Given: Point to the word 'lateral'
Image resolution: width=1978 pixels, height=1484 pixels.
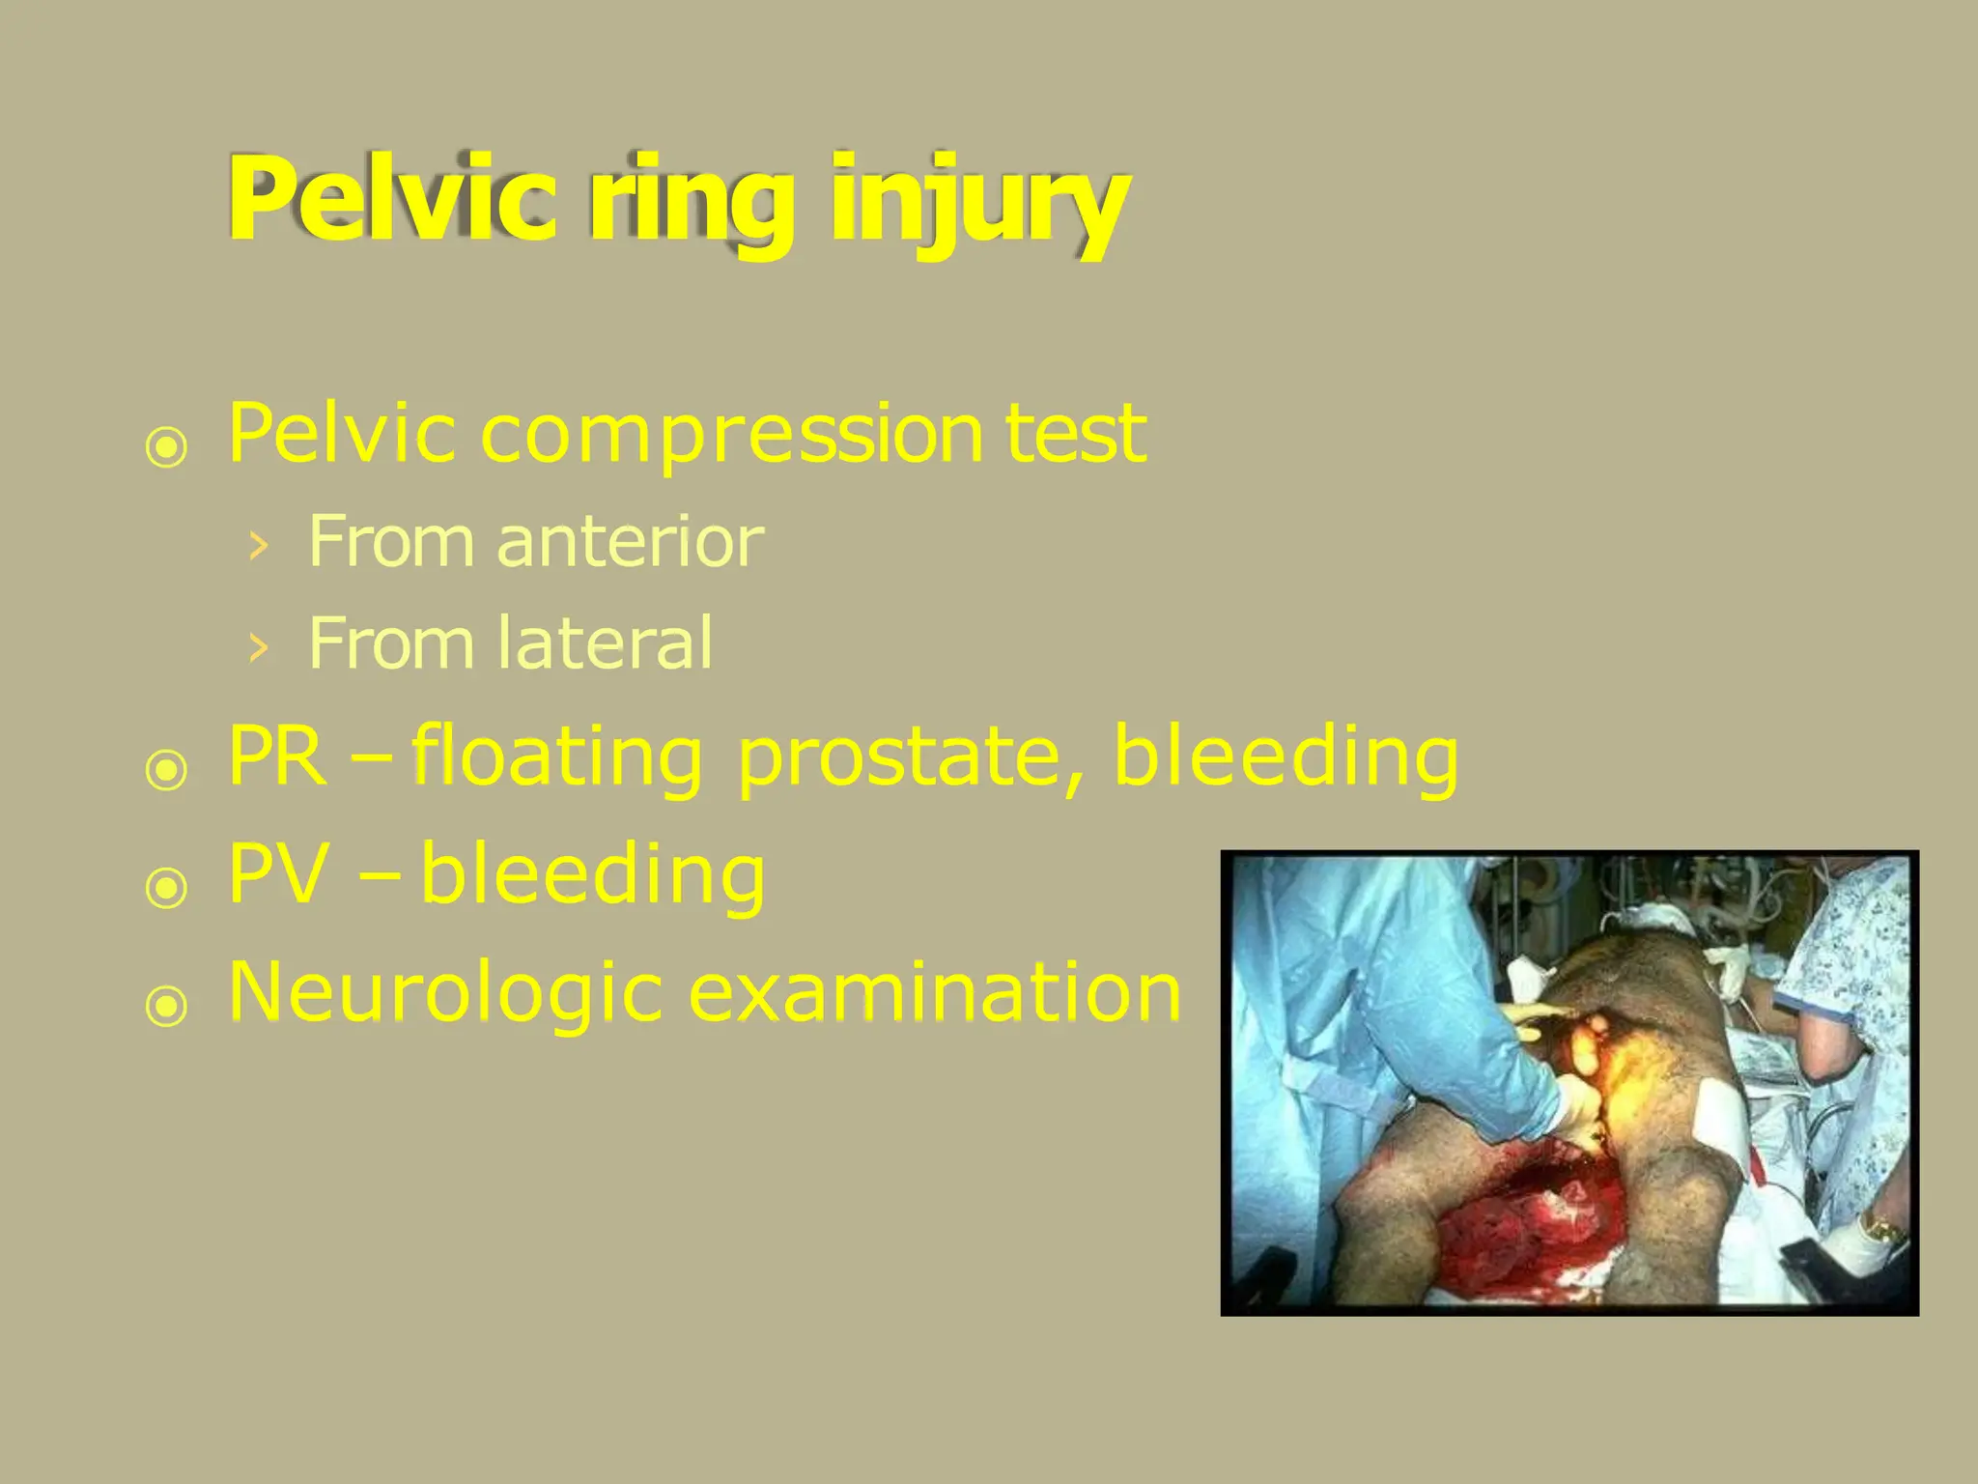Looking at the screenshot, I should click(x=606, y=643).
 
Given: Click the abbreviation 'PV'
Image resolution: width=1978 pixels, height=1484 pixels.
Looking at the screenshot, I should click(x=277, y=874).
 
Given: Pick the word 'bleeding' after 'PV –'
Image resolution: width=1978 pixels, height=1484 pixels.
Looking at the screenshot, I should click(x=593, y=874).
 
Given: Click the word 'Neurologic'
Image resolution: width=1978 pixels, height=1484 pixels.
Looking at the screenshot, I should click(x=444, y=993).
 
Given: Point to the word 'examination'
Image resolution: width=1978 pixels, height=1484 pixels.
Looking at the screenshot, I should click(x=934, y=993).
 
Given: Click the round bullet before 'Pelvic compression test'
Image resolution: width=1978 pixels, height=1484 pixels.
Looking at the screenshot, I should click(x=166, y=447).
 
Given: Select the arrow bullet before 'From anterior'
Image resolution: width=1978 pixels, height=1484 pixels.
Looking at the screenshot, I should click(x=257, y=547).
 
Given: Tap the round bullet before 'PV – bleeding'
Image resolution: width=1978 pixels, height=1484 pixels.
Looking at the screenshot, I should click(x=166, y=887).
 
